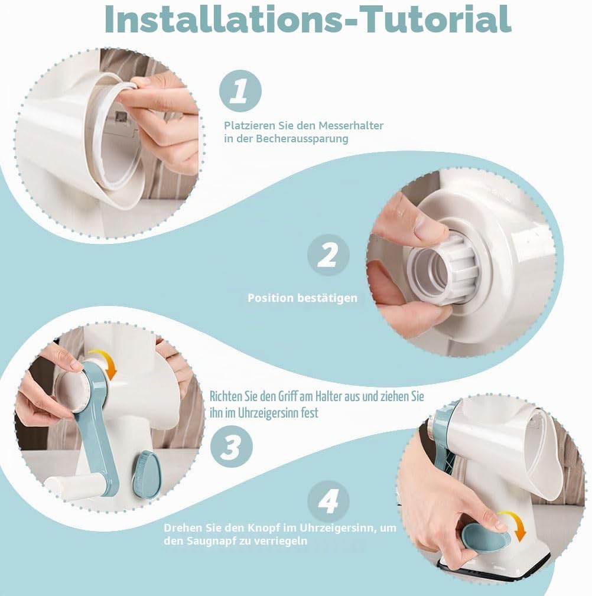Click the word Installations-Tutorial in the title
click(x=308, y=19)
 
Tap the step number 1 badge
click(x=240, y=91)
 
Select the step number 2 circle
click(x=328, y=255)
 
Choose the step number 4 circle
click(x=328, y=501)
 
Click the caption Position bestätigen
click(x=302, y=298)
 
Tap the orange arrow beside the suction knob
click(x=513, y=525)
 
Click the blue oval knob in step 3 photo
click(x=147, y=474)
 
